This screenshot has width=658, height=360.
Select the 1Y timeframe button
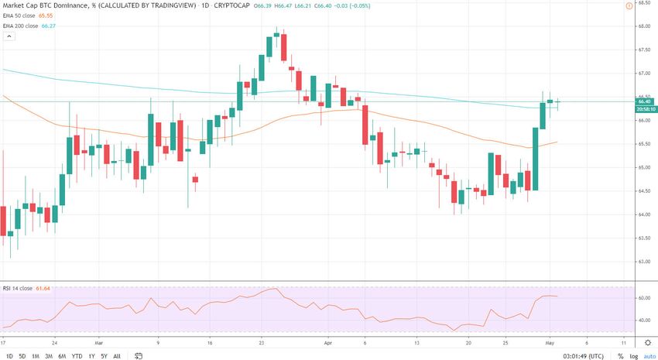click(92, 356)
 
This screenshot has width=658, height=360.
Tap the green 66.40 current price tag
click(644, 101)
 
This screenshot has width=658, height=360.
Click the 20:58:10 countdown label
click(645, 109)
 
